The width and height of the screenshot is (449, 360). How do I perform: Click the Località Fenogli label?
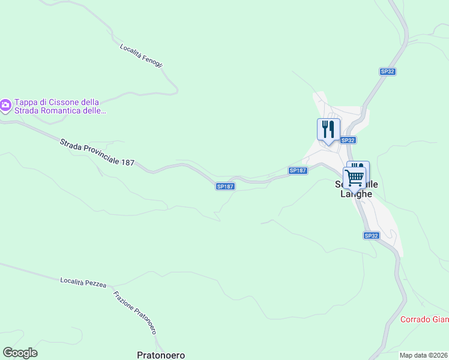(141, 56)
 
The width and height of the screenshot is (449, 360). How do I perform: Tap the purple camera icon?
(5, 106)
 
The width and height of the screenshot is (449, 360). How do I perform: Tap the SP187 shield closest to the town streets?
(298, 170)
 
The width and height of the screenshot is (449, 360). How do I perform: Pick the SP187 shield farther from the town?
(224, 187)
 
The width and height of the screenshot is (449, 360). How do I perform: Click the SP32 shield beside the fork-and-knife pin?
(348, 140)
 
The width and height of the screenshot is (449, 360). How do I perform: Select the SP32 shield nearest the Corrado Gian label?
(371, 236)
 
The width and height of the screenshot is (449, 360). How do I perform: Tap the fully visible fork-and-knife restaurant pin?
(328, 130)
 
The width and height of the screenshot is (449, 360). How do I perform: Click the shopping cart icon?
(355, 177)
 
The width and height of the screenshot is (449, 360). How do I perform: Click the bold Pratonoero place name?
(160, 355)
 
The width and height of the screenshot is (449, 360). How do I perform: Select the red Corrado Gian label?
(424, 319)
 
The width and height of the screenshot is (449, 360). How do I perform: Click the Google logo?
(20, 353)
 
